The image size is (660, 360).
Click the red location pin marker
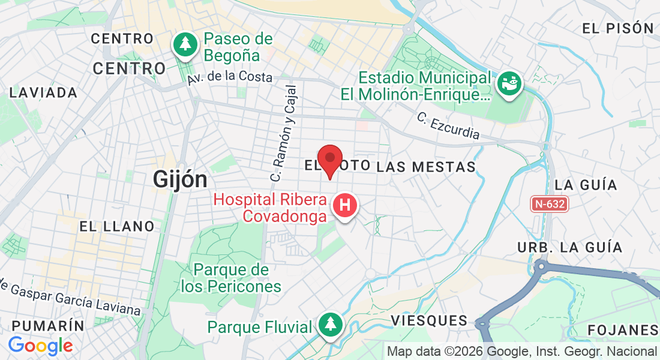pyautogui.click(x=329, y=159)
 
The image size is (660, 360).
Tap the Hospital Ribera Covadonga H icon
pyautogui.click(x=345, y=205)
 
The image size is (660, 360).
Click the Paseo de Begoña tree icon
pyautogui.click(x=185, y=44)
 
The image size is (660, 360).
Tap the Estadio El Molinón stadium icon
pyautogui.click(x=510, y=83)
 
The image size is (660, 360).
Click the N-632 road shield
pyautogui.click(x=548, y=204)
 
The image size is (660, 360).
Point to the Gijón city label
pyautogui.click(x=180, y=179)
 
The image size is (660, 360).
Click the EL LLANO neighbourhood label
pyautogui.click(x=117, y=226)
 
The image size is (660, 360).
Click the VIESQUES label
pyautogui.click(x=429, y=321)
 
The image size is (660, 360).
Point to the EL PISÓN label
pyautogui.click(x=617, y=28)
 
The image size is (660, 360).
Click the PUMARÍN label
pyautogui.click(x=47, y=326)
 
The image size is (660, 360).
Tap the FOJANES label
pyautogui.click(x=623, y=330)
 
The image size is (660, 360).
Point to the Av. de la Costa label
pyautogui.click(x=229, y=77)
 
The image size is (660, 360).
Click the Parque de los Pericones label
pyautogui.click(x=231, y=278)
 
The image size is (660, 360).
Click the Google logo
pyautogui.click(x=40, y=346)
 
